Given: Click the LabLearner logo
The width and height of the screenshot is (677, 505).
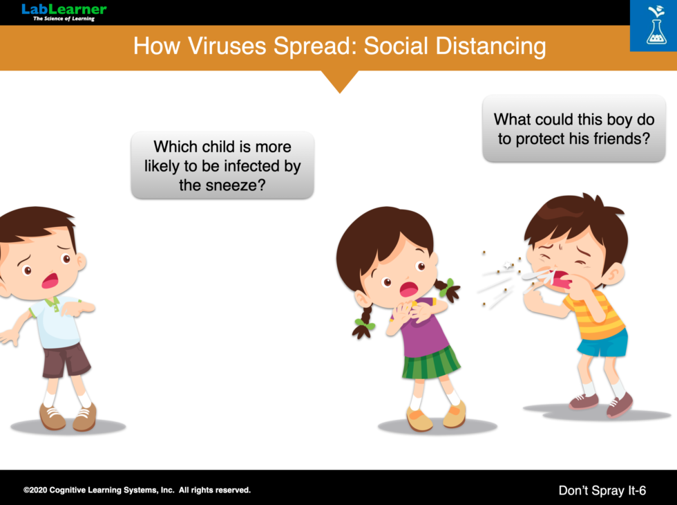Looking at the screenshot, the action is (64, 12).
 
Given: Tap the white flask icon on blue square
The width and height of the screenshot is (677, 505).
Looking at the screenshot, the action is (656, 26).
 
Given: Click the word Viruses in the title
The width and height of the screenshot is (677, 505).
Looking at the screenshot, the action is (227, 46).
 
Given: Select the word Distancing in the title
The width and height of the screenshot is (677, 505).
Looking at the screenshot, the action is (491, 47).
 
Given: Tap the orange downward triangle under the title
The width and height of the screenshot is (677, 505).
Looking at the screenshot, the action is (340, 81).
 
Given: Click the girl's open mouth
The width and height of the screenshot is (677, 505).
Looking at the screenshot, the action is (408, 289).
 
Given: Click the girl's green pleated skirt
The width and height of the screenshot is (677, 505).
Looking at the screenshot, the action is (430, 363).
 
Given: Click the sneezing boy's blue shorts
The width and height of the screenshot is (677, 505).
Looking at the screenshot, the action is (603, 344).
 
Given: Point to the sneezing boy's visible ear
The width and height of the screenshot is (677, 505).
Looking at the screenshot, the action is (613, 275).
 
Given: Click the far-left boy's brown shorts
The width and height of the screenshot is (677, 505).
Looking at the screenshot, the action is (66, 360).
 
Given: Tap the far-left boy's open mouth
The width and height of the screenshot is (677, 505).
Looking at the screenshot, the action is (50, 280).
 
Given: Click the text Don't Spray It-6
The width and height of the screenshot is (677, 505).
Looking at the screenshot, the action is (602, 490).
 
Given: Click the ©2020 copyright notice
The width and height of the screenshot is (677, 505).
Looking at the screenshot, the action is (137, 490).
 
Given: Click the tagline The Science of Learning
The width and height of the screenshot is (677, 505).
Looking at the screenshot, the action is (64, 19).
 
